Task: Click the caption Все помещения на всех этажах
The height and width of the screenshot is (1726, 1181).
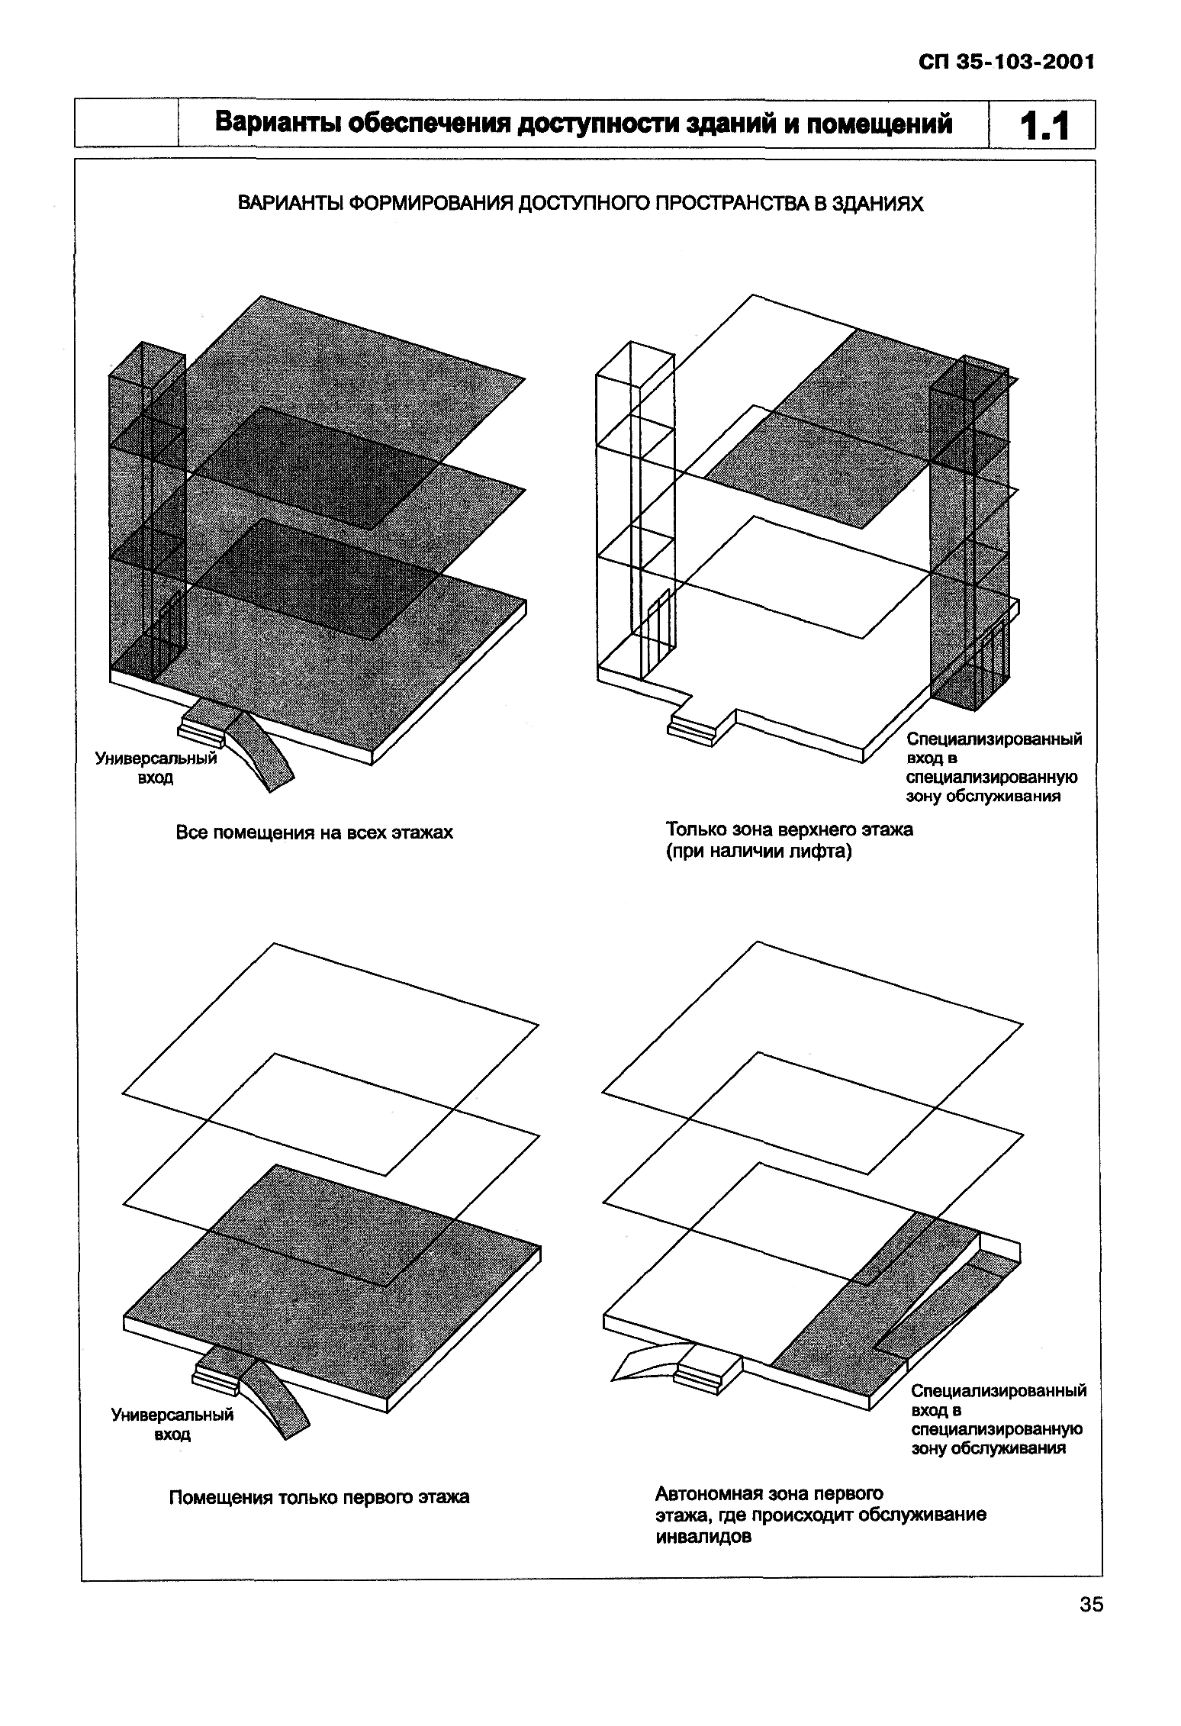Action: pos(314,832)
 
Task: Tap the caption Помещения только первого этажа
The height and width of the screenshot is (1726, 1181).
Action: pos(319,1497)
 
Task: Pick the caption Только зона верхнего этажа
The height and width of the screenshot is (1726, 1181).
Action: pos(790,829)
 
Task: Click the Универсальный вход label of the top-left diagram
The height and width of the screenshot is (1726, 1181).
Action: pos(156,768)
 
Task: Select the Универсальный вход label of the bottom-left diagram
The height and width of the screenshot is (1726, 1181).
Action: pos(172,1424)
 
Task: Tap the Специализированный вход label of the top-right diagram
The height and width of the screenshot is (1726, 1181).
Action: pos(993,768)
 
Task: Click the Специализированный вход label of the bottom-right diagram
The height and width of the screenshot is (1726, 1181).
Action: pos(998,1419)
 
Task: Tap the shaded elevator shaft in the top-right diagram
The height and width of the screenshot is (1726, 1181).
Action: pos(970,534)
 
